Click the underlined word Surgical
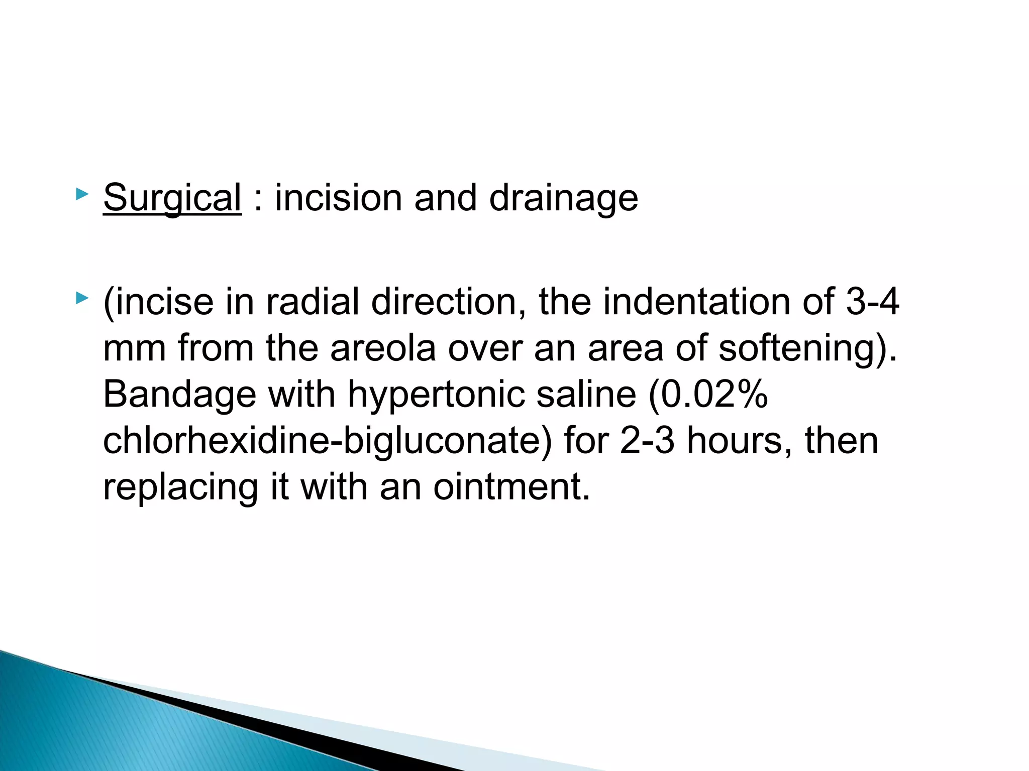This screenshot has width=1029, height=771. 172,198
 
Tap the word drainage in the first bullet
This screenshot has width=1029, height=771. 563,198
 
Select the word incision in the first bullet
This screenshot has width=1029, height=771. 338,198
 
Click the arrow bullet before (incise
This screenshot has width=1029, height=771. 81,299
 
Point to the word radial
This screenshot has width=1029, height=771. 312,302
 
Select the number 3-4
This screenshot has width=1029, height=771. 873,302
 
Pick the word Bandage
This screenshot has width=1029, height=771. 179,395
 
